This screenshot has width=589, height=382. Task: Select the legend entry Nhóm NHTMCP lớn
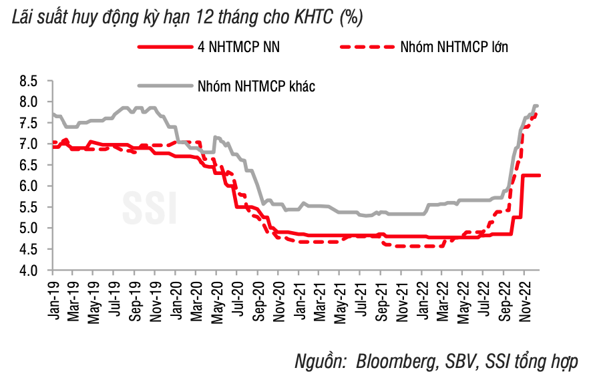[x=455, y=47]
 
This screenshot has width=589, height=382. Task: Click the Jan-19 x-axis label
[x=53, y=295]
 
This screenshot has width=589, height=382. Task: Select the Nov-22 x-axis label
[x=524, y=295]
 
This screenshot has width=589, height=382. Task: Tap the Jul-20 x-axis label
[x=237, y=295]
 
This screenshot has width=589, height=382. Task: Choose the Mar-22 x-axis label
[x=441, y=295]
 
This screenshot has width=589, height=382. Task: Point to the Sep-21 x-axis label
[x=380, y=295]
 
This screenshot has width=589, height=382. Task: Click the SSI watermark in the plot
[x=150, y=208]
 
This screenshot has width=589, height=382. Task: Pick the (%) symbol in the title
[x=351, y=18]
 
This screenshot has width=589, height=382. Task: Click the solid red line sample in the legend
[x=164, y=47]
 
